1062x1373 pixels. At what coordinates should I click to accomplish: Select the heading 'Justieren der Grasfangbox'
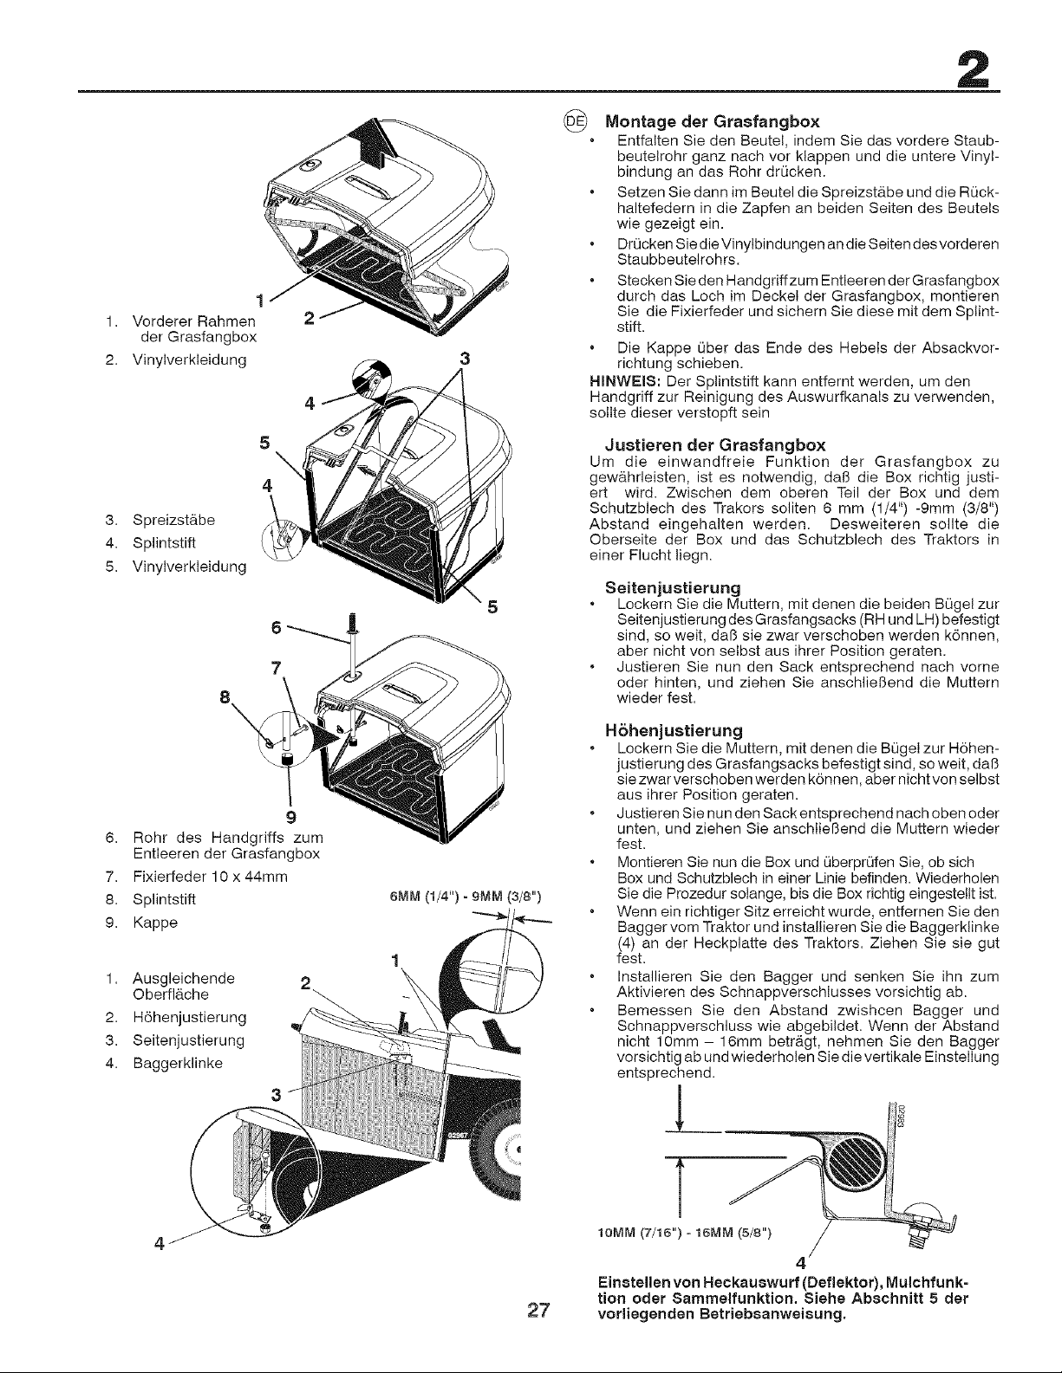tap(715, 445)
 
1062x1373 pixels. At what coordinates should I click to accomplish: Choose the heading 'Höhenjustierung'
tap(674, 731)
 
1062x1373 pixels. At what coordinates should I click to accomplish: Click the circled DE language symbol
tap(576, 120)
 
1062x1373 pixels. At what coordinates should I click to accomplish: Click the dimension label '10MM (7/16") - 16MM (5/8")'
tap(685, 1233)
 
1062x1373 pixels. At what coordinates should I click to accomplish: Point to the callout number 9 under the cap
tap(290, 817)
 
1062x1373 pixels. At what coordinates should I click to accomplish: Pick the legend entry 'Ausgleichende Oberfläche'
tap(170, 986)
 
